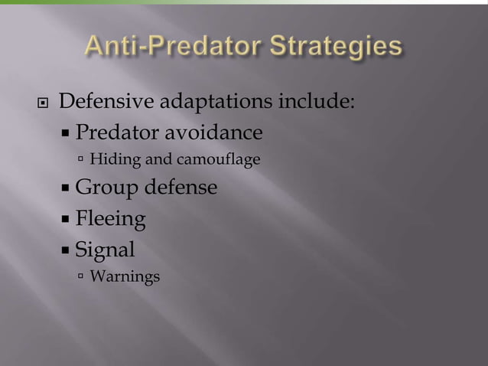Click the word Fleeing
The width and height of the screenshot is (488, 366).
[111, 220]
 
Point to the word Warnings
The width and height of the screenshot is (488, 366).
[125, 276]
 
